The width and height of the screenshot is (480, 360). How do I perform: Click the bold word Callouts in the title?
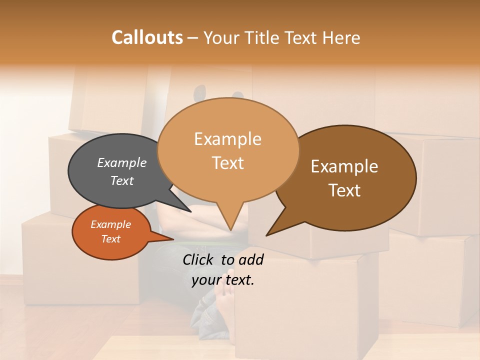click(x=147, y=37)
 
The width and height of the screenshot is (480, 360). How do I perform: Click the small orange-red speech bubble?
click(x=95, y=245)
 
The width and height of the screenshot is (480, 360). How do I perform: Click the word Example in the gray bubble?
click(x=122, y=162)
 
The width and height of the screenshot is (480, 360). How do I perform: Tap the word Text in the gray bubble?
click(x=122, y=180)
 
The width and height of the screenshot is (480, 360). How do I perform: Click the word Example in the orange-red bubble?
click(x=110, y=224)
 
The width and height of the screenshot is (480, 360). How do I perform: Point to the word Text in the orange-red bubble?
click(x=110, y=239)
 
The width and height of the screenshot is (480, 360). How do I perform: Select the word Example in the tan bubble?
click(x=227, y=138)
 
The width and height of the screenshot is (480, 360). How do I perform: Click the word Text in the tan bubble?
click(x=227, y=163)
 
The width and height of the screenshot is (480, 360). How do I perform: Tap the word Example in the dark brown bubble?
click(x=344, y=166)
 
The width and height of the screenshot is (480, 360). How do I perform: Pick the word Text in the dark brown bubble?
click(x=344, y=190)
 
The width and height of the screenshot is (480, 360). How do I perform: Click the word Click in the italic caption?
click(x=199, y=259)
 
